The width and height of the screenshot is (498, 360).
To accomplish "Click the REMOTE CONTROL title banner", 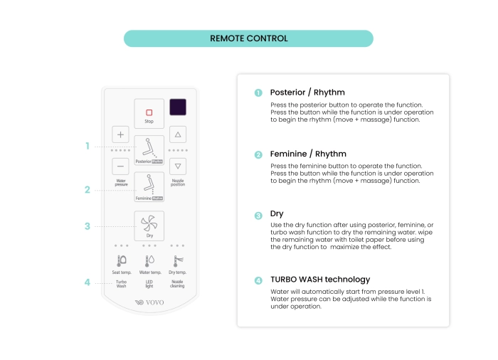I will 248,38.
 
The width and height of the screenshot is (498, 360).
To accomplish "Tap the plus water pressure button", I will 120,134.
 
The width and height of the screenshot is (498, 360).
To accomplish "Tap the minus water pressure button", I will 120,166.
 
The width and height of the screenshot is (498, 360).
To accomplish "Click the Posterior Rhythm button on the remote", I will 149,150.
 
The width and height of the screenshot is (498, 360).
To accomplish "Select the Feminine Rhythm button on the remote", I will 149,188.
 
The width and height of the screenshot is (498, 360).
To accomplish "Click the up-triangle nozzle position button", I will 178,134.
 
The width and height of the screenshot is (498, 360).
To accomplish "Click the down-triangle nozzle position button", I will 178,166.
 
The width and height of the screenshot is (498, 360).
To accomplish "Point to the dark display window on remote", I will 178,107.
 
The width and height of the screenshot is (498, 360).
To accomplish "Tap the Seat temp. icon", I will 122,261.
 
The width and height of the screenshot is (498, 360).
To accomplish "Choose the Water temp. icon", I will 149,261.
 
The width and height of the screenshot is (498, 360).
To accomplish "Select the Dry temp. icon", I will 177,261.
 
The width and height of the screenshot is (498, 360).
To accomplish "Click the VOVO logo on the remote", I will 149,302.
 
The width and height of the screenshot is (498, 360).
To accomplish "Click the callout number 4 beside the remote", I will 87,282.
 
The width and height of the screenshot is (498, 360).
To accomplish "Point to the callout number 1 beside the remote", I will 87,146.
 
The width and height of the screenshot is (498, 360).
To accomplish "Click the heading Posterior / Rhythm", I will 308,92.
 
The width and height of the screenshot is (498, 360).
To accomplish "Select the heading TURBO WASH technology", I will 320,280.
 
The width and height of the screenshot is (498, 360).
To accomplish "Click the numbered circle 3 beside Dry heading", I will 258,214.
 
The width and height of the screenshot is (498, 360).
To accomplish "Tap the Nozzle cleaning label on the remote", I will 177,284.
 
